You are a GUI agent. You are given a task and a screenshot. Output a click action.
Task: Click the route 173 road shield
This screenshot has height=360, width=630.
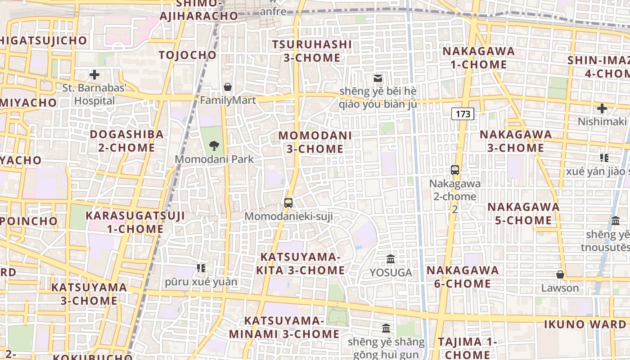pyautogui.click(x=463, y=114)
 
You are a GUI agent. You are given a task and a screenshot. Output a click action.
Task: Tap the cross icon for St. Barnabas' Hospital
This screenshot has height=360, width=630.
pyautogui.click(x=94, y=75)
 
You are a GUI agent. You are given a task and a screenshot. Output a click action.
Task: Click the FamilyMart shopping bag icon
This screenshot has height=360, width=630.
pyautogui.click(x=228, y=87)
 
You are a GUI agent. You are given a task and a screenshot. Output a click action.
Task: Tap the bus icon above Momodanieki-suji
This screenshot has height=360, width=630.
pyautogui.click(x=288, y=202)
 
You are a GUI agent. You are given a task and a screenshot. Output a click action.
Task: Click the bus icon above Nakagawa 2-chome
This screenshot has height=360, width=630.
pyautogui.click(x=455, y=170)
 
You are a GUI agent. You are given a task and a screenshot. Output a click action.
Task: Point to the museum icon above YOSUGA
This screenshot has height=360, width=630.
pyautogui.click(x=391, y=259)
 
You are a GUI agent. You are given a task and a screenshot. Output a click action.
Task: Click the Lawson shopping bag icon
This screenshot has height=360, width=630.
pyautogui.click(x=560, y=274)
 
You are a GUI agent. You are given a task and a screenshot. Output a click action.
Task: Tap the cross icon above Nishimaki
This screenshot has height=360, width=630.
pyautogui.click(x=602, y=108)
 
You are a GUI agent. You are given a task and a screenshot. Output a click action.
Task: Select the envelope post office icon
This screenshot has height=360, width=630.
pyautogui.click(x=378, y=78)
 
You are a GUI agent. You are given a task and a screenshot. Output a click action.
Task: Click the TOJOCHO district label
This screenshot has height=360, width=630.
pyautogui.click(x=188, y=55)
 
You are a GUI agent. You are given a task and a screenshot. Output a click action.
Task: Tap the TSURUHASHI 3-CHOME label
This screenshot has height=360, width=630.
pyautogui.click(x=312, y=51)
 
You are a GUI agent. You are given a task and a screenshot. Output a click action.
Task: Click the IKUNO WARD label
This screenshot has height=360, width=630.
pyautogui.click(x=585, y=324)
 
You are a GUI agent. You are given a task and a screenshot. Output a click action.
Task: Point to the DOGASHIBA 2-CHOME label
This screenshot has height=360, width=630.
pyautogui.click(x=126, y=141)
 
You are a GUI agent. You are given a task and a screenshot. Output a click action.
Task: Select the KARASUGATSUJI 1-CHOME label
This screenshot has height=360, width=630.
pyautogui.click(x=135, y=222)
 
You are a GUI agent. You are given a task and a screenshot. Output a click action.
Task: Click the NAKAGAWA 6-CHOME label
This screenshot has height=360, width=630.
pyautogui.click(x=463, y=277)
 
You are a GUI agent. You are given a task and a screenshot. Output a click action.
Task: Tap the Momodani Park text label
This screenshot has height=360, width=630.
pyautogui.click(x=214, y=159)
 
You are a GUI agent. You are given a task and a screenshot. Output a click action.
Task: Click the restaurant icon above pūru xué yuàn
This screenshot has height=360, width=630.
pyautogui.click(x=201, y=268)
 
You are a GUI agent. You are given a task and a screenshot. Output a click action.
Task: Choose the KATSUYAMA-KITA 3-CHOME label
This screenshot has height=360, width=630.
pyautogui.click(x=301, y=263)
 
